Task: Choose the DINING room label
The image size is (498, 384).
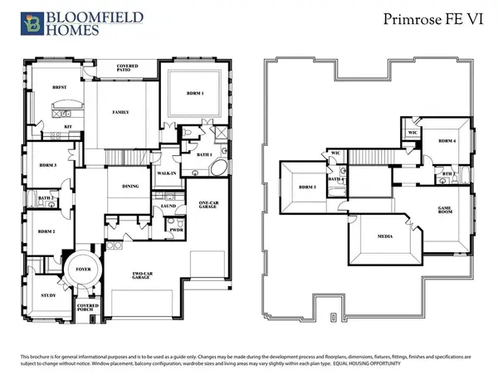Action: point(130,187)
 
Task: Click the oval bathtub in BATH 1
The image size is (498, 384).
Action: point(219,171)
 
